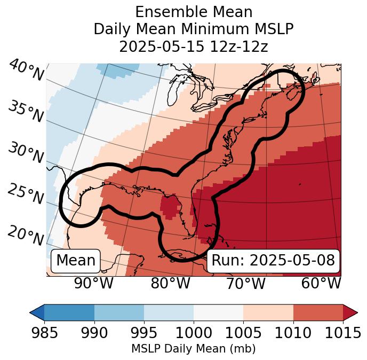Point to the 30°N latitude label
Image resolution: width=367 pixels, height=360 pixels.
(x=25, y=153)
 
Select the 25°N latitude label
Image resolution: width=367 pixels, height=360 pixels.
(x=25, y=194)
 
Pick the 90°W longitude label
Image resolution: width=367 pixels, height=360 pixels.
(x=93, y=284)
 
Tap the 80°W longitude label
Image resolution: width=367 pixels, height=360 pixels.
(x=170, y=284)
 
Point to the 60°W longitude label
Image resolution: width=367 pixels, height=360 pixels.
(x=321, y=284)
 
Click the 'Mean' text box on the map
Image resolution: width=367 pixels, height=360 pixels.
(x=76, y=261)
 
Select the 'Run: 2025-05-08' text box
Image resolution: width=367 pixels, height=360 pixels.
(x=273, y=261)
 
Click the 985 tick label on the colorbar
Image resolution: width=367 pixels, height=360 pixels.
(x=44, y=333)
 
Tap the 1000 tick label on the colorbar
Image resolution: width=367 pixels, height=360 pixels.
(x=194, y=333)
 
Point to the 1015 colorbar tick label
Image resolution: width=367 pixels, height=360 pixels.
(x=342, y=333)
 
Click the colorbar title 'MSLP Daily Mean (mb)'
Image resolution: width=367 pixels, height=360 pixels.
(x=193, y=349)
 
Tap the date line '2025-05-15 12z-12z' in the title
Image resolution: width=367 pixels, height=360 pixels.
(x=193, y=46)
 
